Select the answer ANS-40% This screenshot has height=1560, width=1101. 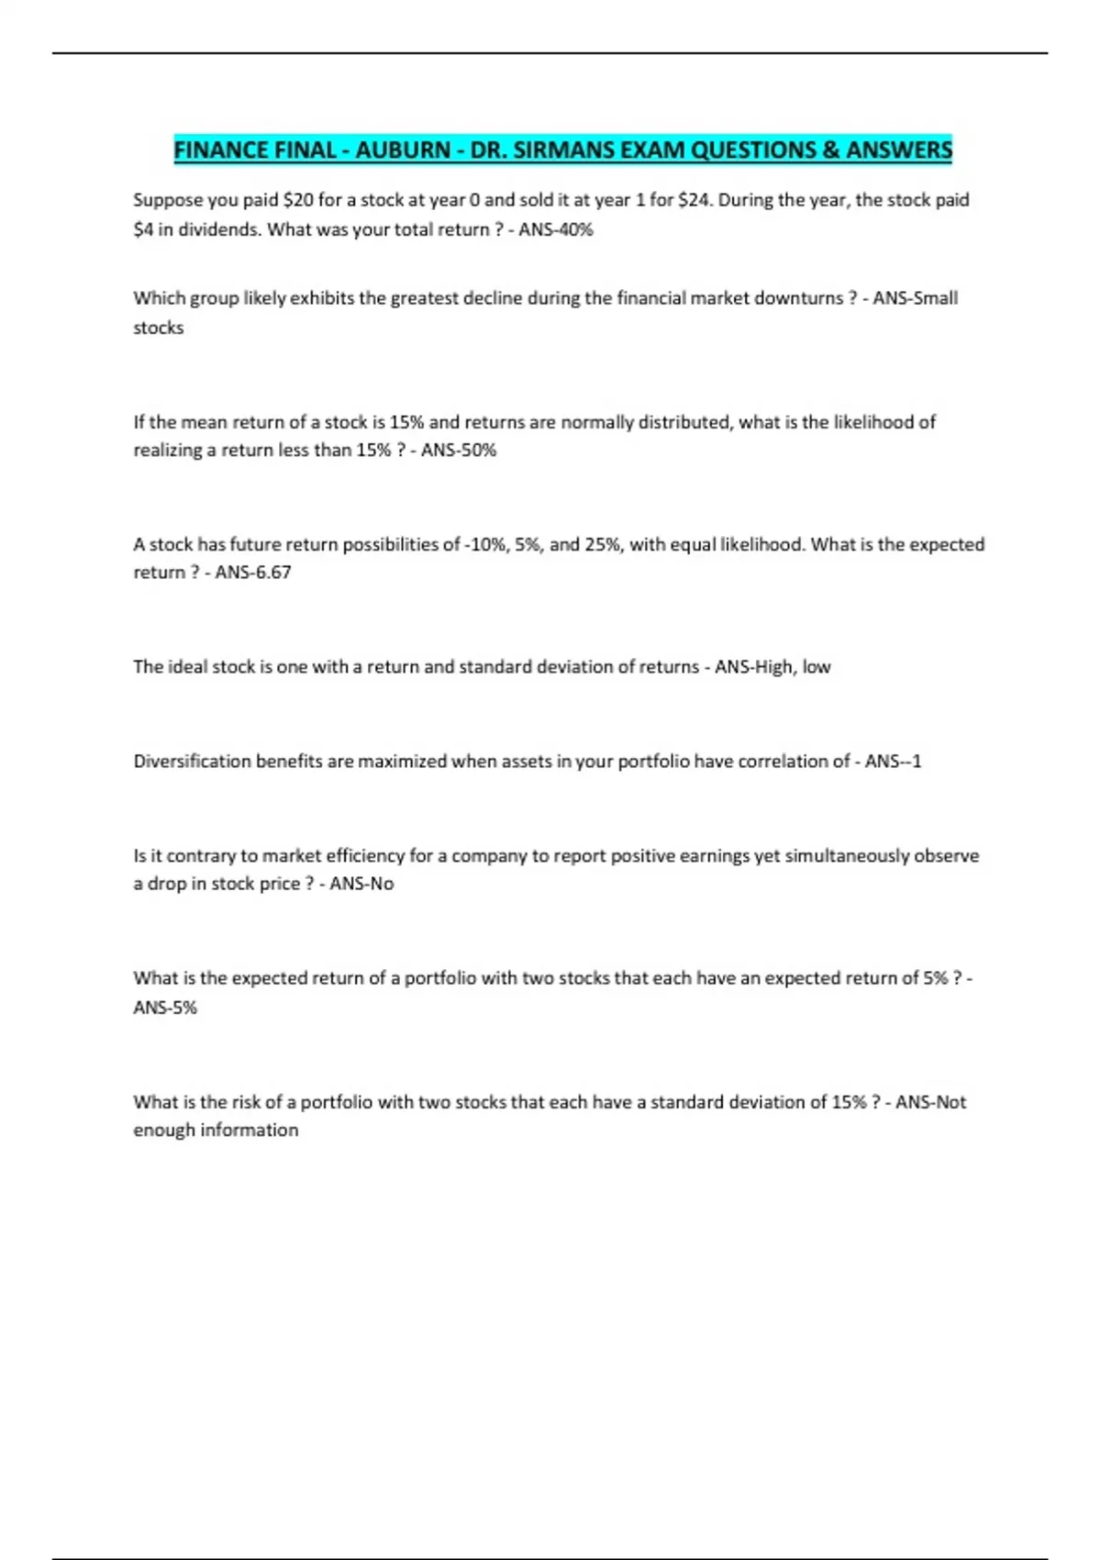[556, 229]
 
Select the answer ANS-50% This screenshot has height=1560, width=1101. [459, 451]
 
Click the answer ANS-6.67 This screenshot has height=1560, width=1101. [253, 573]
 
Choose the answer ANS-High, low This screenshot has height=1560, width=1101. [773, 667]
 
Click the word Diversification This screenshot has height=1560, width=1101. [192, 762]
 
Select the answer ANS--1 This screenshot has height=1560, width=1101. [893, 762]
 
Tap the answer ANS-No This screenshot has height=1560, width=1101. [361, 884]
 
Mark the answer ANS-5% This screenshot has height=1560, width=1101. [165, 1008]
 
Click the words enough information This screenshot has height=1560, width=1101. [216, 1131]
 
